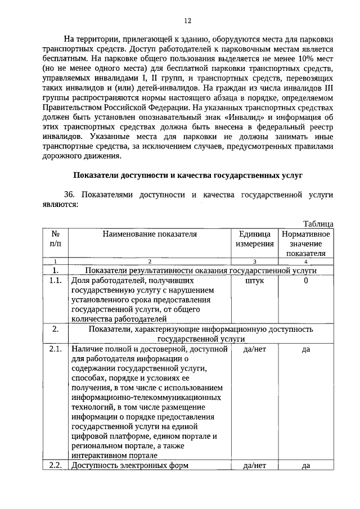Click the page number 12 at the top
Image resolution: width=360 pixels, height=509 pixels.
pyautogui.click(x=187, y=21)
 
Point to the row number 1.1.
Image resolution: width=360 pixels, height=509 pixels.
pyautogui.click(x=55, y=280)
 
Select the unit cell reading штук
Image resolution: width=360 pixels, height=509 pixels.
pyautogui.click(x=255, y=280)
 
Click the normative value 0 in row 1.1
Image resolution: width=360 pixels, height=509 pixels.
pyautogui.click(x=306, y=280)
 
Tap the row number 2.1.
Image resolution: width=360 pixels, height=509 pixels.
pyautogui.click(x=55, y=349)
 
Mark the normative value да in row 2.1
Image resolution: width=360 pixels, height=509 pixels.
pyautogui.click(x=306, y=349)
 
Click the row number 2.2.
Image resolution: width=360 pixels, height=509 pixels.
pyautogui.click(x=55, y=465)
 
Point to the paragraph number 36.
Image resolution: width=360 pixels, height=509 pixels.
pyautogui.click(x=70, y=195)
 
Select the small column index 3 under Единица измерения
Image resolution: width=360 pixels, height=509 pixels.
pyautogui.click(x=255, y=262)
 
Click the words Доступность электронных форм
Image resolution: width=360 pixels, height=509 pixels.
pyautogui.click(x=129, y=465)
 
